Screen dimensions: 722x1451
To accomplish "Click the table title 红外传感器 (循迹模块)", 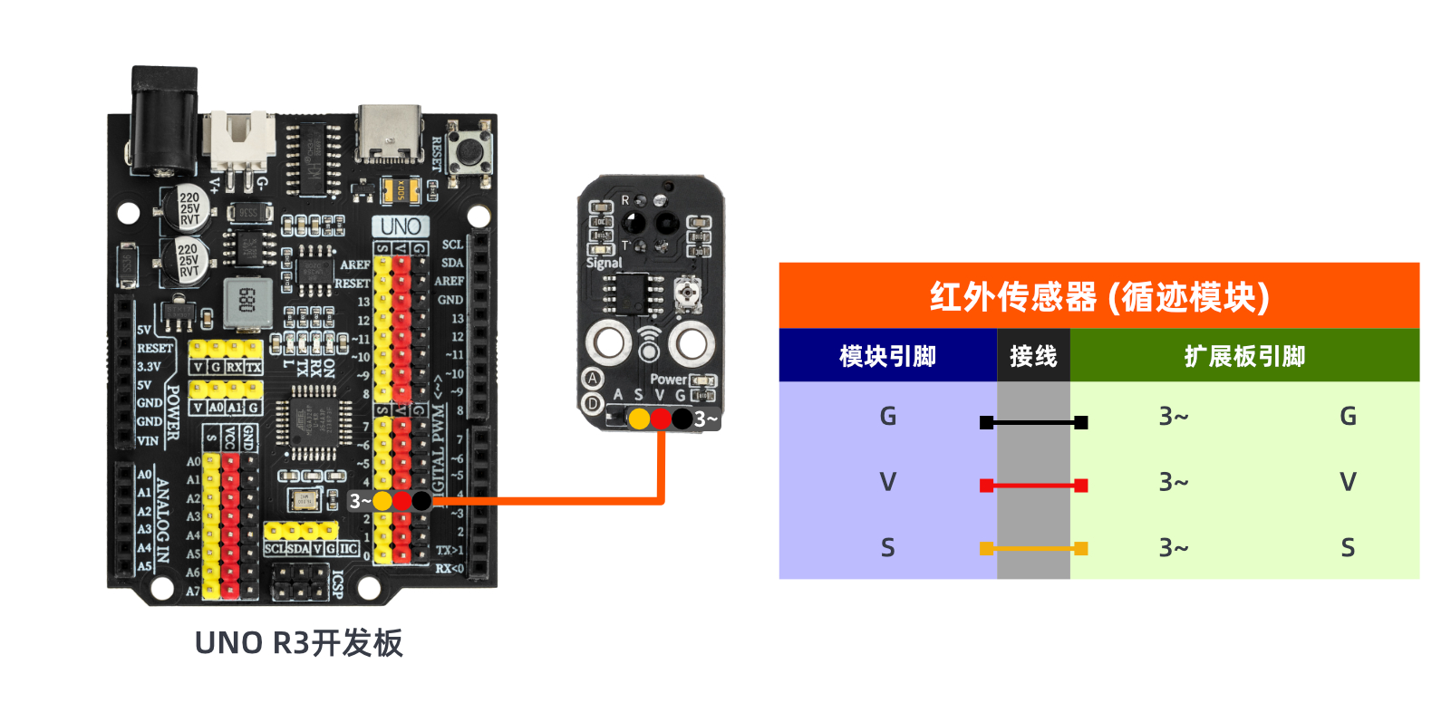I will tap(1098, 296).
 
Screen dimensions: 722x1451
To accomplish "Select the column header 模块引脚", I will tap(887, 356).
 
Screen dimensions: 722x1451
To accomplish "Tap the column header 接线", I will tap(1033, 356).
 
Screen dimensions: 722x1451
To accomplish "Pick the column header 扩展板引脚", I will tap(1244, 356).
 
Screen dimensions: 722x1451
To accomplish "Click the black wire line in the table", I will tap(1033, 422).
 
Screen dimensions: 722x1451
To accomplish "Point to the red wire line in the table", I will tap(1033, 486).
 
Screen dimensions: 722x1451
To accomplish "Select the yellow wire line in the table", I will tap(1033, 548).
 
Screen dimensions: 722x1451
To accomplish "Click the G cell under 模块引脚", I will tap(887, 417).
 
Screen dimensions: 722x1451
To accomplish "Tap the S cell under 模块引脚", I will tap(887, 548).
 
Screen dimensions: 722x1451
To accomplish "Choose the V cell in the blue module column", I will tap(887, 482).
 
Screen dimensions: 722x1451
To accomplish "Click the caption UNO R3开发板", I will tap(298, 643).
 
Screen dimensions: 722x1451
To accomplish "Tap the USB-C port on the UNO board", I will tap(390, 134).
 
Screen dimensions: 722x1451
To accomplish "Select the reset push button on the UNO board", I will tap(470, 151).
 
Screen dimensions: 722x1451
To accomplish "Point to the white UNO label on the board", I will tap(401, 226).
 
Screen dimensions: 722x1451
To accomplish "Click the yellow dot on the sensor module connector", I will tap(639, 419).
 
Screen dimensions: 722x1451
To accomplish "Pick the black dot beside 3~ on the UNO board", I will tap(421, 501).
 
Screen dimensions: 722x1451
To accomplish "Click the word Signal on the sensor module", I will tap(604, 263).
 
